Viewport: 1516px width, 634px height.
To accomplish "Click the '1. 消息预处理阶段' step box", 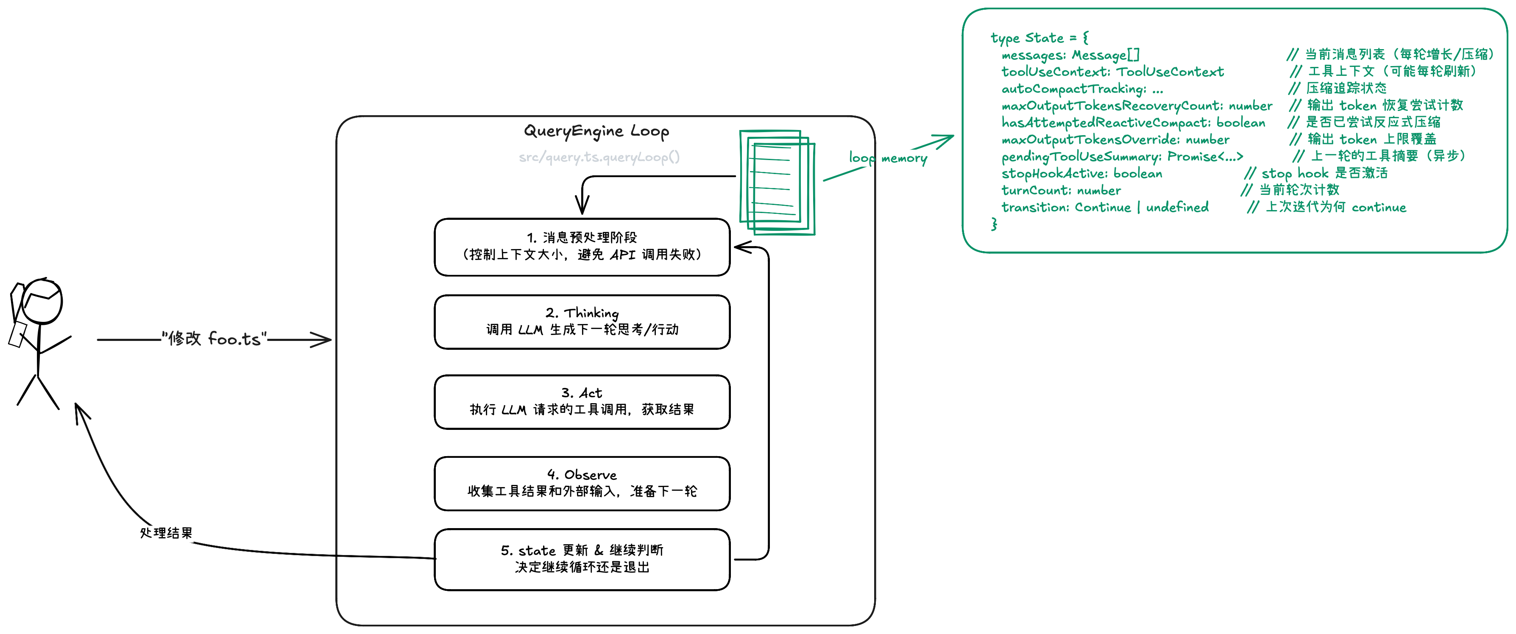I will [582, 246].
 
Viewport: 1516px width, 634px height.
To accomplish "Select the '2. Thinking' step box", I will [582, 322].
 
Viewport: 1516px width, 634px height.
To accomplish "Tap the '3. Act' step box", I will [582, 401].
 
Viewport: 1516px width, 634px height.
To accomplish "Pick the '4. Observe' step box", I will [582, 483].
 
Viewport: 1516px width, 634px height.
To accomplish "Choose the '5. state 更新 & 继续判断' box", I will [582, 559].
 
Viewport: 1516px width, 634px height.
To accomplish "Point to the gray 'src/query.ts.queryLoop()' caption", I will [599, 157].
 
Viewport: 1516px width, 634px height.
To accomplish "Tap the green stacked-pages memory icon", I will [776, 182].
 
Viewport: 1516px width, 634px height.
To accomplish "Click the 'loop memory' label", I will [887, 158].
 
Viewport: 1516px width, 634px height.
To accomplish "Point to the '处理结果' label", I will [166, 533].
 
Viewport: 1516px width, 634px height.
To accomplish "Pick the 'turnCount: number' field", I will [1061, 191].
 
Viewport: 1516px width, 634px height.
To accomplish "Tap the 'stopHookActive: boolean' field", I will [1082, 174].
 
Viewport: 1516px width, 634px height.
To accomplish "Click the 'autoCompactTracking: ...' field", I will [1082, 89].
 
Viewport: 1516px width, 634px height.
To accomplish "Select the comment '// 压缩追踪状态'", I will [1338, 88].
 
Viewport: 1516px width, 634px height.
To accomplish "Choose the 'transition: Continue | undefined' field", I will [1105, 208].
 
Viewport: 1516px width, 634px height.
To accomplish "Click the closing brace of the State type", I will [994, 224].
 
